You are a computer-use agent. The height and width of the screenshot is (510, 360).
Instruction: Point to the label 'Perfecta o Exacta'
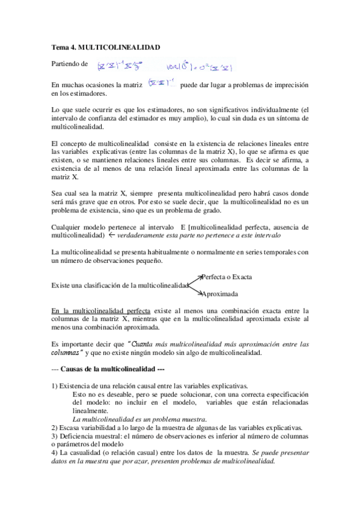click(227, 277)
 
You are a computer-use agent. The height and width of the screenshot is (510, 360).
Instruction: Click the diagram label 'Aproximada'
click(221, 294)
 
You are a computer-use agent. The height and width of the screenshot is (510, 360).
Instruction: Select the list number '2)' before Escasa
click(55, 428)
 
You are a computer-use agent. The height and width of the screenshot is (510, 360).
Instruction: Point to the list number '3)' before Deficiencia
click(55, 436)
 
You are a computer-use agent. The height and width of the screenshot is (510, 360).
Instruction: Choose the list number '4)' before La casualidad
click(55, 453)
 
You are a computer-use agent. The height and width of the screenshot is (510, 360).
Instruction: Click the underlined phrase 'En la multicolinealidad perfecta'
click(102, 311)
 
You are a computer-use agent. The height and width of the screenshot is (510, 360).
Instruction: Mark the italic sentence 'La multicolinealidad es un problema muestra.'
click(139, 419)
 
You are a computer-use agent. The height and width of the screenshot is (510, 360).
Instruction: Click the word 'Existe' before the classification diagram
click(62, 285)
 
